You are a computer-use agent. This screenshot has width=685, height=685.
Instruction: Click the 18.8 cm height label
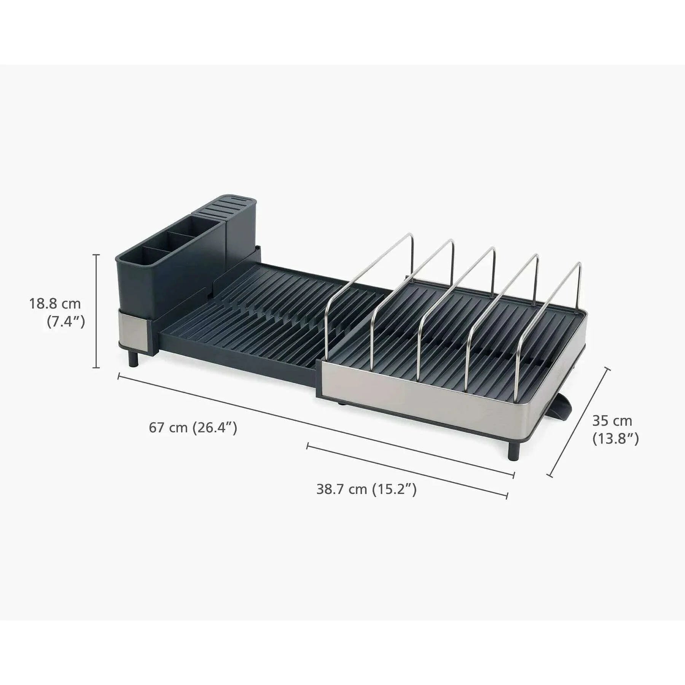coord(55,304)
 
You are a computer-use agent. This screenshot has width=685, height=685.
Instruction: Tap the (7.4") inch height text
coord(65,322)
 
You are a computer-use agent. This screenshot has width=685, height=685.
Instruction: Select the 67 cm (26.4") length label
coord(193,427)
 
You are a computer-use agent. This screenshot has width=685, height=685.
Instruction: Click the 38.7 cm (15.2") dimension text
coord(366,489)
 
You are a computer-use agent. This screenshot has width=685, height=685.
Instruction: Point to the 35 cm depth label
coord(612,421)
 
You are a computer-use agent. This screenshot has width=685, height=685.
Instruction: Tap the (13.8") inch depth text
coord(615,439)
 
